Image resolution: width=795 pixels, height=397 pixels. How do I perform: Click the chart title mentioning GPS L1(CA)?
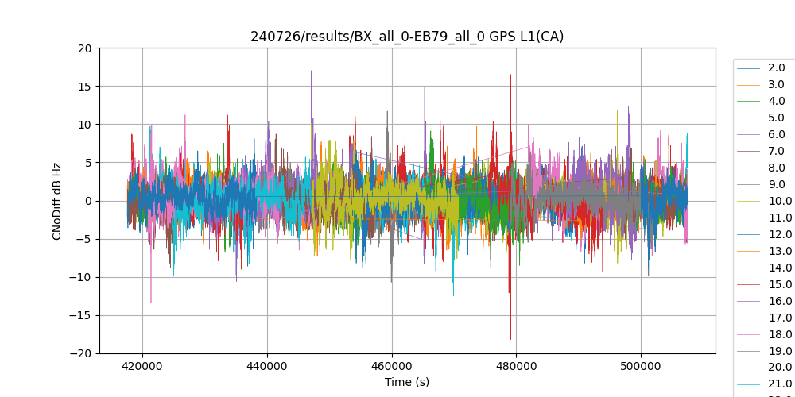407,37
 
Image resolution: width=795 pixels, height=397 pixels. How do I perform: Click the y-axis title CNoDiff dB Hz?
57,200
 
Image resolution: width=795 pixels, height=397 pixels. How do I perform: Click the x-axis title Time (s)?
407,382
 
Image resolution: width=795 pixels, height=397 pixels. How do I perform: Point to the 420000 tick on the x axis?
143,366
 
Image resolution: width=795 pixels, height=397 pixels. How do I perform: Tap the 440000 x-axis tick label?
267,366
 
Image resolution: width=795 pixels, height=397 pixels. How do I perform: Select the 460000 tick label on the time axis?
392,366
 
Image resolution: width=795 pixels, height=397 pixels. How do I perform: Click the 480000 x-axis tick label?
516,366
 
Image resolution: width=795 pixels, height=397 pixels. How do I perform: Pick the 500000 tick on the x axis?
641,366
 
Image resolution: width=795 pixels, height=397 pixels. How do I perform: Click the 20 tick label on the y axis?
85,48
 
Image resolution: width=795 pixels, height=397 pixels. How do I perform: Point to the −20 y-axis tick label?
81,353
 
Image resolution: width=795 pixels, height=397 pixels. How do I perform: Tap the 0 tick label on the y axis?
88,201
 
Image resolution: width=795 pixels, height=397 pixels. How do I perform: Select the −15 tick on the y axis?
81,315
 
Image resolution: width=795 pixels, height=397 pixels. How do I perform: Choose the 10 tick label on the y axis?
85,124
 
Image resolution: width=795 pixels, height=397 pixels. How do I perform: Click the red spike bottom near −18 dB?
510,338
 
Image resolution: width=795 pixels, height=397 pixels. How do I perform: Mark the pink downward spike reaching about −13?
151,302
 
